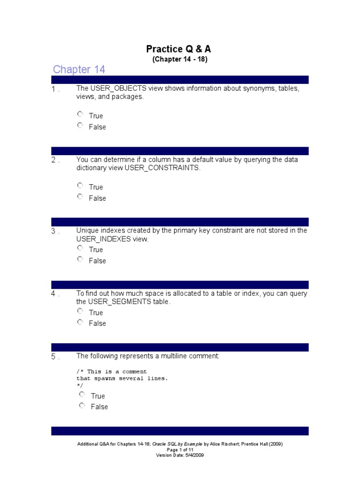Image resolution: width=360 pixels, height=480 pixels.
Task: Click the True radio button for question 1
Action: pyautogui.click(x=80, y=114)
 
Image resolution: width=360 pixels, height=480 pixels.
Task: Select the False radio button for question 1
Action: pyautogui.click(x=80, y=126)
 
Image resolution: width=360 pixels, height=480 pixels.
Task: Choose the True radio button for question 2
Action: pyautogui.click(x=80, y=186)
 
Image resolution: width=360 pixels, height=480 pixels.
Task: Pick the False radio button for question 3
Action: pyautogui.click(x=80, y=259)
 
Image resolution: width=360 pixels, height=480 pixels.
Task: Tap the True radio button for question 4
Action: pyautogui.click(x=80, y=311)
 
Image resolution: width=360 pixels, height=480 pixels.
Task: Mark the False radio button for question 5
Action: pyautogui.click(x=82, y=405)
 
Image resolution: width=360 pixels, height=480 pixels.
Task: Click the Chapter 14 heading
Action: pyautogui.click(x=79, y=70)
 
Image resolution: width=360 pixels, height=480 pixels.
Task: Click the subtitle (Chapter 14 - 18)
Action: pyautogui.click(x=180, y=60)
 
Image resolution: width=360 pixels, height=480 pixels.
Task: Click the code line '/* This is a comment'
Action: pyautogui.click(x=112, y=372)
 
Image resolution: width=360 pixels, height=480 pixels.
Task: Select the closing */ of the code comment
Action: pyautogui.click(x=80, y=385)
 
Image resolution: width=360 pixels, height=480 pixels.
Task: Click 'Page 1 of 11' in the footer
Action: pyautogui.click(x=180, y=450)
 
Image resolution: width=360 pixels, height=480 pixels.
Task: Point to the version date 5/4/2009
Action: pyautogui.click(x=194, y=455)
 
